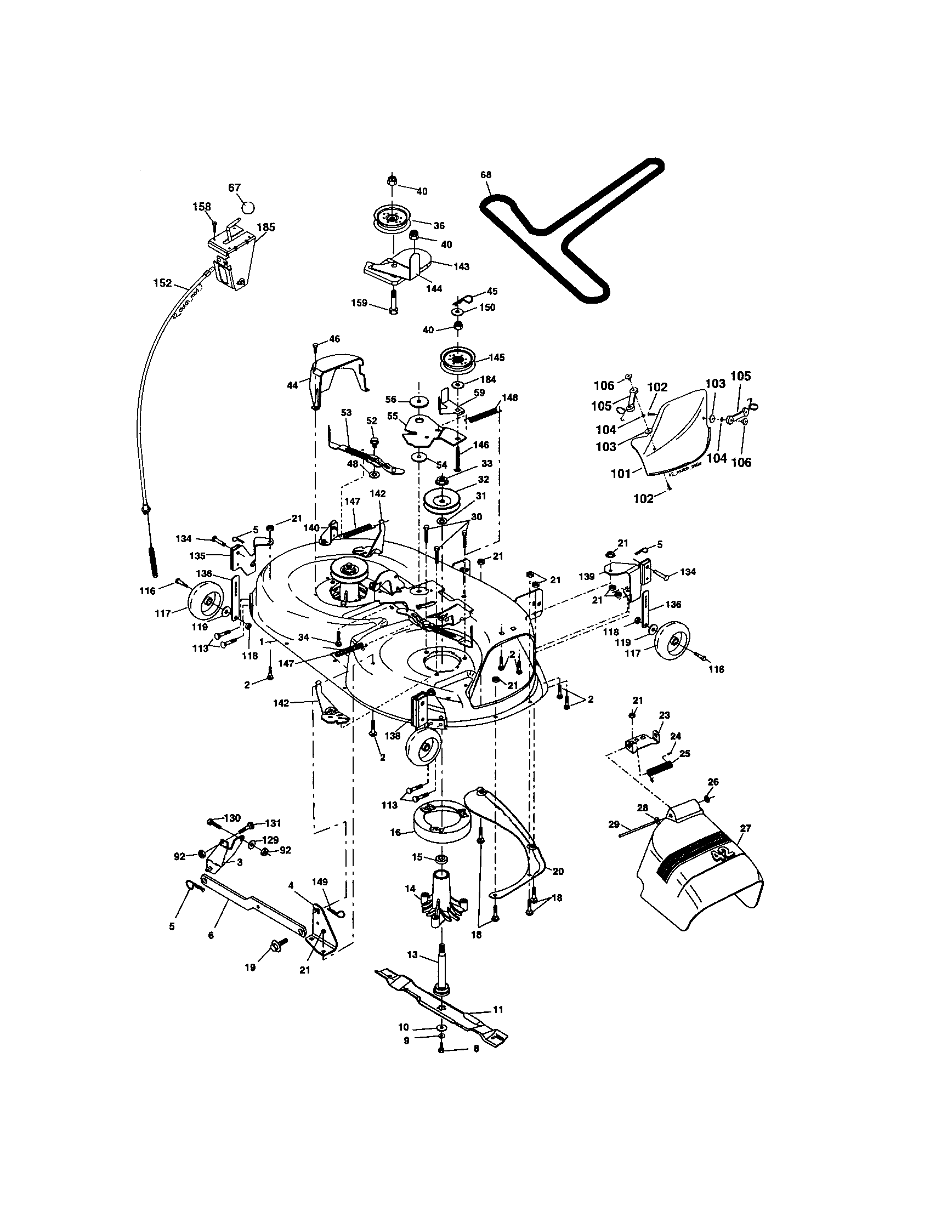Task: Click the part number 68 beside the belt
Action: point(485,175)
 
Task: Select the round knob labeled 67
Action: point(249,207)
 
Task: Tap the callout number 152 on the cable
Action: point(162,283)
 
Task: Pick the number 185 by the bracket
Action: point(265,227)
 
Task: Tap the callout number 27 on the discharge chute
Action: point(746,828)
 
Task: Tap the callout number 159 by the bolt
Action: point(360,303)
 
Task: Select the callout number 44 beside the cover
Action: point(293,385)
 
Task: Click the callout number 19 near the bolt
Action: point(250,967)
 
